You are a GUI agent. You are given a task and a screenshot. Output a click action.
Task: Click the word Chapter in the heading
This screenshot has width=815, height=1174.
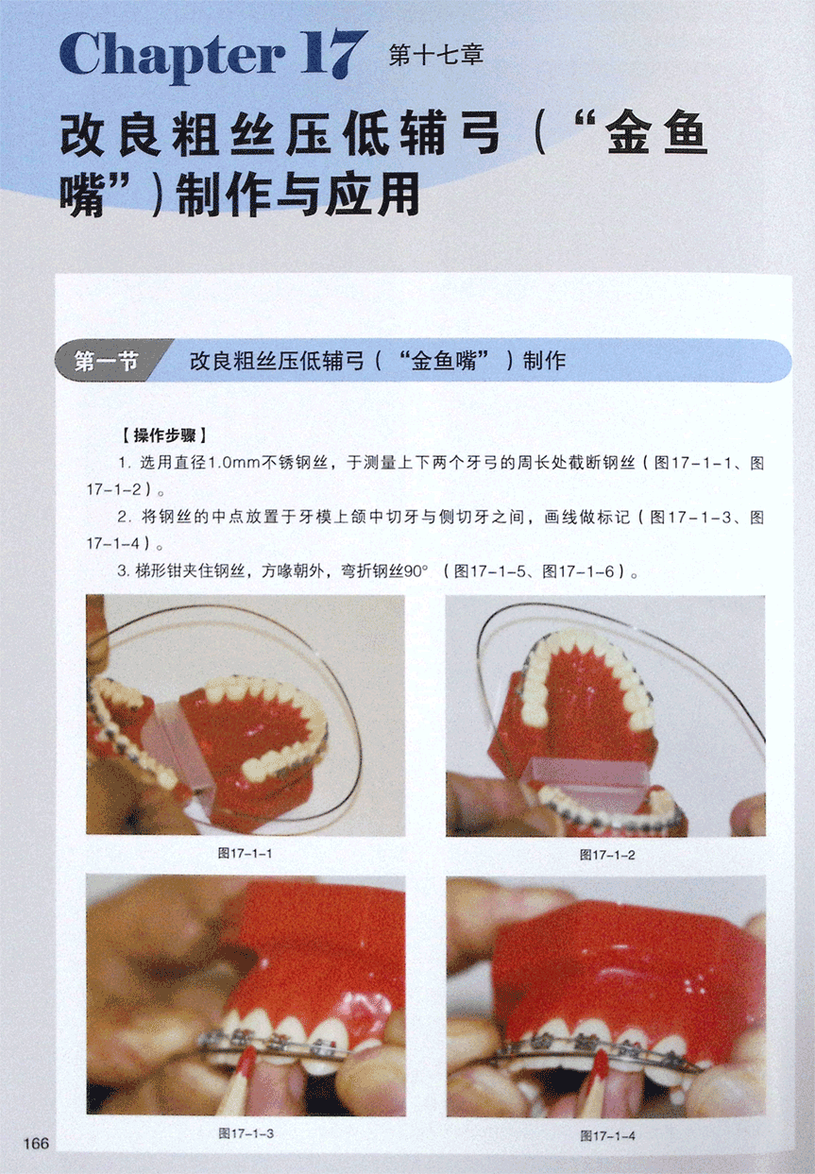[173, 56]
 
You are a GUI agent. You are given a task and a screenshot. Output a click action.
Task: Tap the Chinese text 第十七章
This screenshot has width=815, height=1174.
[435, 56]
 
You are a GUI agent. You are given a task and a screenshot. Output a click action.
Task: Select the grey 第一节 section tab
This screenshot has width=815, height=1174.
[108, 361]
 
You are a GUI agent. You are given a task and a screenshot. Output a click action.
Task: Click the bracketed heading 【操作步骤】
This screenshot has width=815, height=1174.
[164, 435]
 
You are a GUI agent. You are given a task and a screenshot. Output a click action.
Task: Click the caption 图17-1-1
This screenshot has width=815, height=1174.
[246, 854]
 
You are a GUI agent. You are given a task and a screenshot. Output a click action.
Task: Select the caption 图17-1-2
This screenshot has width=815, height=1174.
[607, 855]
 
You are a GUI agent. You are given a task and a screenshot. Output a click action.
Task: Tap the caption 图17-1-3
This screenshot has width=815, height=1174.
[246, 1134]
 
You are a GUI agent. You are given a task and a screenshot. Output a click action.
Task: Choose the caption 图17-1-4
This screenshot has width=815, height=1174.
[608, 1135]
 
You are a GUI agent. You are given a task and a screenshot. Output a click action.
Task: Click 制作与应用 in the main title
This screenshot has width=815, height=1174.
[297, 195]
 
